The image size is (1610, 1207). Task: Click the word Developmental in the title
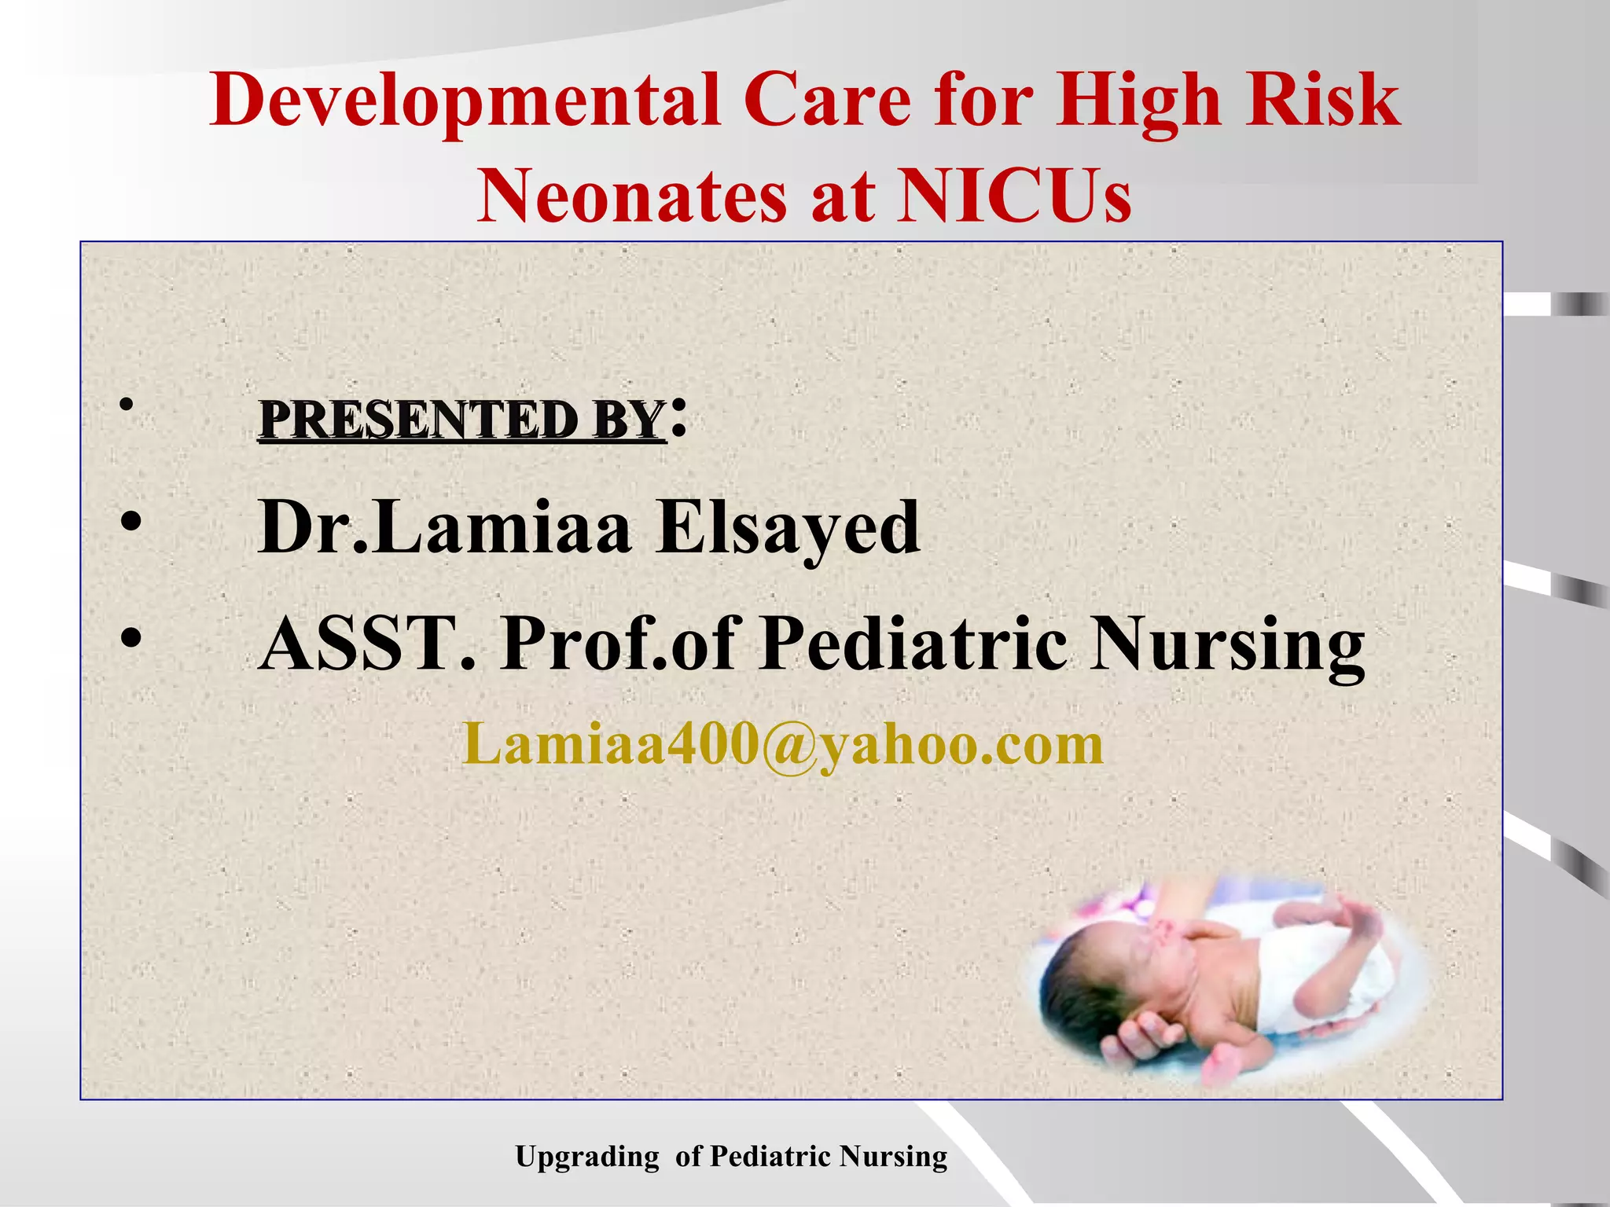point(465,101)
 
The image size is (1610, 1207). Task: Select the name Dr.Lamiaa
point(444,526)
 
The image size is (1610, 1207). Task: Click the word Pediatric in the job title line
point(913,643)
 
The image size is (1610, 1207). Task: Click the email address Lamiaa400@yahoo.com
point(783,743)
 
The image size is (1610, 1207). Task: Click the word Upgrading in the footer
point(586,1157)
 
